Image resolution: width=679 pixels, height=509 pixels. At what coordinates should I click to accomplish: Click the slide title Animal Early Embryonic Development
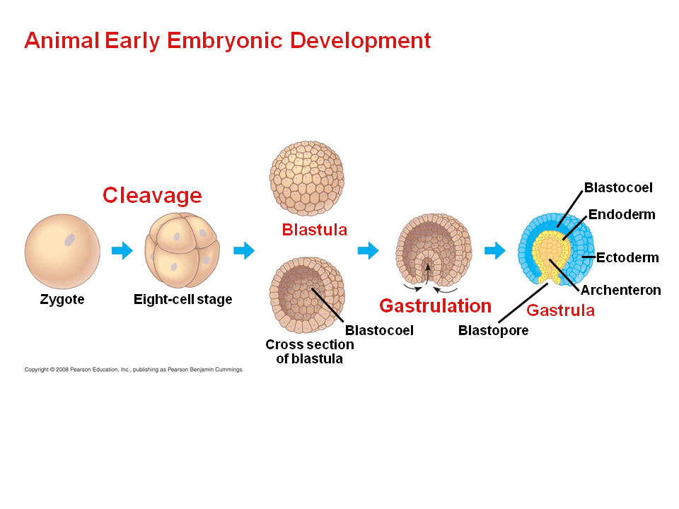[227, 40]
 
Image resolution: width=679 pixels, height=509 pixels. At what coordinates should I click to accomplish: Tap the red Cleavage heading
[152, 195]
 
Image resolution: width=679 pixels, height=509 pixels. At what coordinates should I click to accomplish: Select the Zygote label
[62, 300]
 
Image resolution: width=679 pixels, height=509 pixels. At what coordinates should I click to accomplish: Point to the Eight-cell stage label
[182, 300]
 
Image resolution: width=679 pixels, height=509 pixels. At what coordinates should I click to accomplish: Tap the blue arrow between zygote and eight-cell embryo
[122, 250]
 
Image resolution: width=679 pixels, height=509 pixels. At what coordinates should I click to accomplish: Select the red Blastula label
[314, 230]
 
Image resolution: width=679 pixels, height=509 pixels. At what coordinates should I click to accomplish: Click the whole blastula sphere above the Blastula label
[307, 177]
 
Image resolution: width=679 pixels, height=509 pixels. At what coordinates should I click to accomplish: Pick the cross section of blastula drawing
[307, 296]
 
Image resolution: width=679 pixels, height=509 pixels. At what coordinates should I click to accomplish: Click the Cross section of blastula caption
[309, 351]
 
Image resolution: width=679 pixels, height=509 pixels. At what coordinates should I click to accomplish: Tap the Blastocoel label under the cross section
[379, 330]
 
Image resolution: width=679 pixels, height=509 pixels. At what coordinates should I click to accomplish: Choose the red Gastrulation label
[435, 306]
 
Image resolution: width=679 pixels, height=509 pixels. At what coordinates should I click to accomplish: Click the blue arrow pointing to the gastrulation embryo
[368, 250]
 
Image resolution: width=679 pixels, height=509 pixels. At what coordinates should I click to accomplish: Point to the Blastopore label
[493, 330]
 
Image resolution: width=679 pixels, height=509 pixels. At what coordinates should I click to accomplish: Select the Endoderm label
[622, 215]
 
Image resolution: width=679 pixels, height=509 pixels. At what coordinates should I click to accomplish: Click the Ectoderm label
[627, 257]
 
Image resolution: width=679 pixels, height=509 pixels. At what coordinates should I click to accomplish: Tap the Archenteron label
[620, 290]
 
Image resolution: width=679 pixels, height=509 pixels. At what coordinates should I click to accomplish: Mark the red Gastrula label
[560, 310]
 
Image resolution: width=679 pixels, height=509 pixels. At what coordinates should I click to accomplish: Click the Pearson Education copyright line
[134, 369]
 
